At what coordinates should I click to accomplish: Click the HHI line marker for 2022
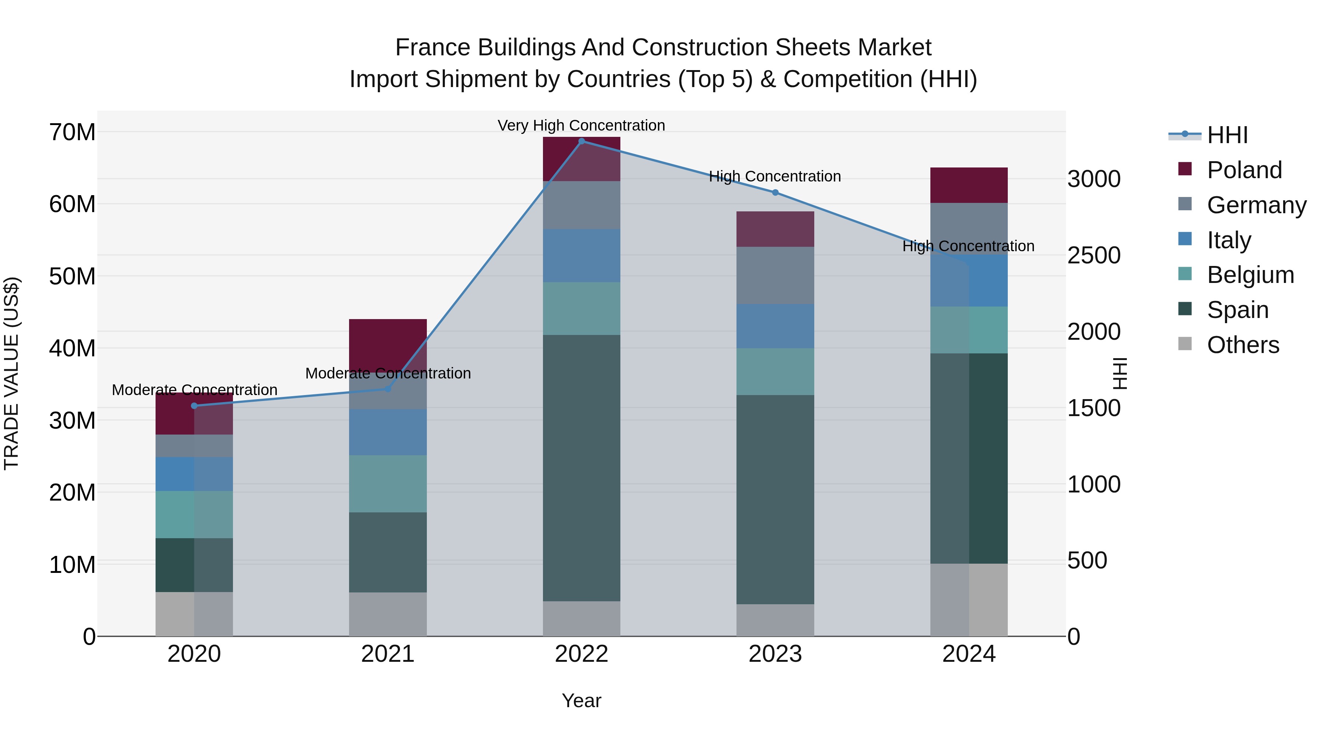coord(582,141)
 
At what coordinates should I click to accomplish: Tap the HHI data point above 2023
coord(775,192)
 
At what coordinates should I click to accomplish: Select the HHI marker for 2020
coord(194,406)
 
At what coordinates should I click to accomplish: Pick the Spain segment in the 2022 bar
coord(582,468)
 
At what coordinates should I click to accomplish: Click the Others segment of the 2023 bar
coord(775,620)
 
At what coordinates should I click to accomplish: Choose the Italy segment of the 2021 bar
coord(388,432)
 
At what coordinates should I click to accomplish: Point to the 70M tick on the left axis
coord(72,132)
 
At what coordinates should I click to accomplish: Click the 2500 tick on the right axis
coord(1094,255)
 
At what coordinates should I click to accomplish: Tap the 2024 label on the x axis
coord(969,654)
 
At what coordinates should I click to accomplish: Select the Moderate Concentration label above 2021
coord(388,373)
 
